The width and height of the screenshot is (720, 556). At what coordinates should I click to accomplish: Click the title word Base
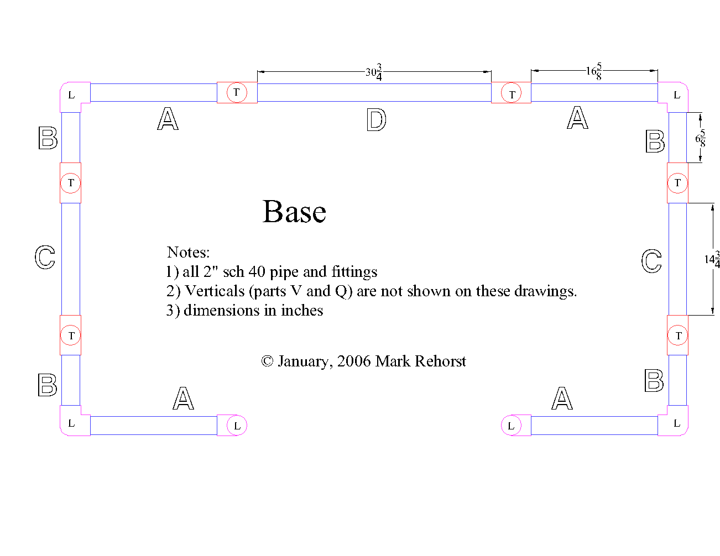[x=294, y=212]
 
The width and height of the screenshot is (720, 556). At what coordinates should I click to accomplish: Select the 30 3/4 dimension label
[x=374, y=72]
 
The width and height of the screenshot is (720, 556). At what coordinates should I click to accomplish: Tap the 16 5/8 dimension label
[x=594, y=71]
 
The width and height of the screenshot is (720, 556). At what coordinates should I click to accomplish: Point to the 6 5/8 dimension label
[x=701, y=138]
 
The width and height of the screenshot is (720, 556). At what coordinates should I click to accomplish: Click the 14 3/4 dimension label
[x=712, y=259]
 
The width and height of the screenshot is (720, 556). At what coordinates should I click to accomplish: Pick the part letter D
[x=376, y=119]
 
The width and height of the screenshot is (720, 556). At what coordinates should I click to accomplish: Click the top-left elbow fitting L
[x=71, y=95]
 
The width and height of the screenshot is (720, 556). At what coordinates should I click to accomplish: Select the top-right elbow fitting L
[x=676, y=95]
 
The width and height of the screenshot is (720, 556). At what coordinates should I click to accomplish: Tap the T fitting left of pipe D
[x=237, y=92]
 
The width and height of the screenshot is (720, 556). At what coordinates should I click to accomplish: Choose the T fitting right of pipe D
[x=512, y=94]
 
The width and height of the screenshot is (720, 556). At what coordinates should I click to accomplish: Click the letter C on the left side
[x=45, y=257]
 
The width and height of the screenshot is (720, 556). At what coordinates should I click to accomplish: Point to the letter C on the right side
[x=651, y=261]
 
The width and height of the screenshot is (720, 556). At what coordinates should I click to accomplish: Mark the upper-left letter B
[x=48, y=138]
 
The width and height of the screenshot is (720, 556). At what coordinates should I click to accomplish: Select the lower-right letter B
[x=654, y=381]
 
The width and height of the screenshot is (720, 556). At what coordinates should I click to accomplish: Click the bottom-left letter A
[x=183, y=398]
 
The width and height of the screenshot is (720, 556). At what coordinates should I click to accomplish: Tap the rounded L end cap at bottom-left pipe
[x=237, y=426]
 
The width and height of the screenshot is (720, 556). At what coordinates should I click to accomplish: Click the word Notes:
[x=188, y=253]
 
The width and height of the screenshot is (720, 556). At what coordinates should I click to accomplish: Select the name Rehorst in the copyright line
[x=440, y=361]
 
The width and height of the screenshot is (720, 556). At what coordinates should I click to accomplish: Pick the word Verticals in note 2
[x=215, y=291]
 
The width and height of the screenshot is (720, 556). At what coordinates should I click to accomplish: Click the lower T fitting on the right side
[x=678, y=335]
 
